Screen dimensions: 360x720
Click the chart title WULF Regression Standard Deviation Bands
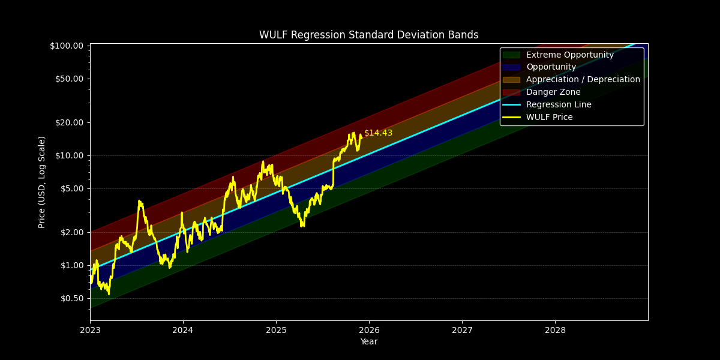(x=368, y=35)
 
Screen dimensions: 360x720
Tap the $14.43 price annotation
(x=378, y=133)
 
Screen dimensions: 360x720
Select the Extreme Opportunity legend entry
(x=569, y=55)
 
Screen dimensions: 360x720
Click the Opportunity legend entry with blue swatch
(x=551, y=67)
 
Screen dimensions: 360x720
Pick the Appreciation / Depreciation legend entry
(x=583, y=80)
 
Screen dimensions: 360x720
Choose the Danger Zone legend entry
(x=553, y=92)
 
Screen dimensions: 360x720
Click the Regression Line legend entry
(x=559, y=105)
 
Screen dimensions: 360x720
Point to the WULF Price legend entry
(x=549, y=118)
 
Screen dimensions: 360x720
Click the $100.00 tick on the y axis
(x=66, y=46)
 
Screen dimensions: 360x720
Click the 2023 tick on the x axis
(x=90, y=330)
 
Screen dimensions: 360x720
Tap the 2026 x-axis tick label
(x=369, y=330)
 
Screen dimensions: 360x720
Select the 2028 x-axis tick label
(x=555, y=330)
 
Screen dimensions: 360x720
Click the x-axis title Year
(x=368, y=342)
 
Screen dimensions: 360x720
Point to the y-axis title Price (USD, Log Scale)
(x=42, y=182)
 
